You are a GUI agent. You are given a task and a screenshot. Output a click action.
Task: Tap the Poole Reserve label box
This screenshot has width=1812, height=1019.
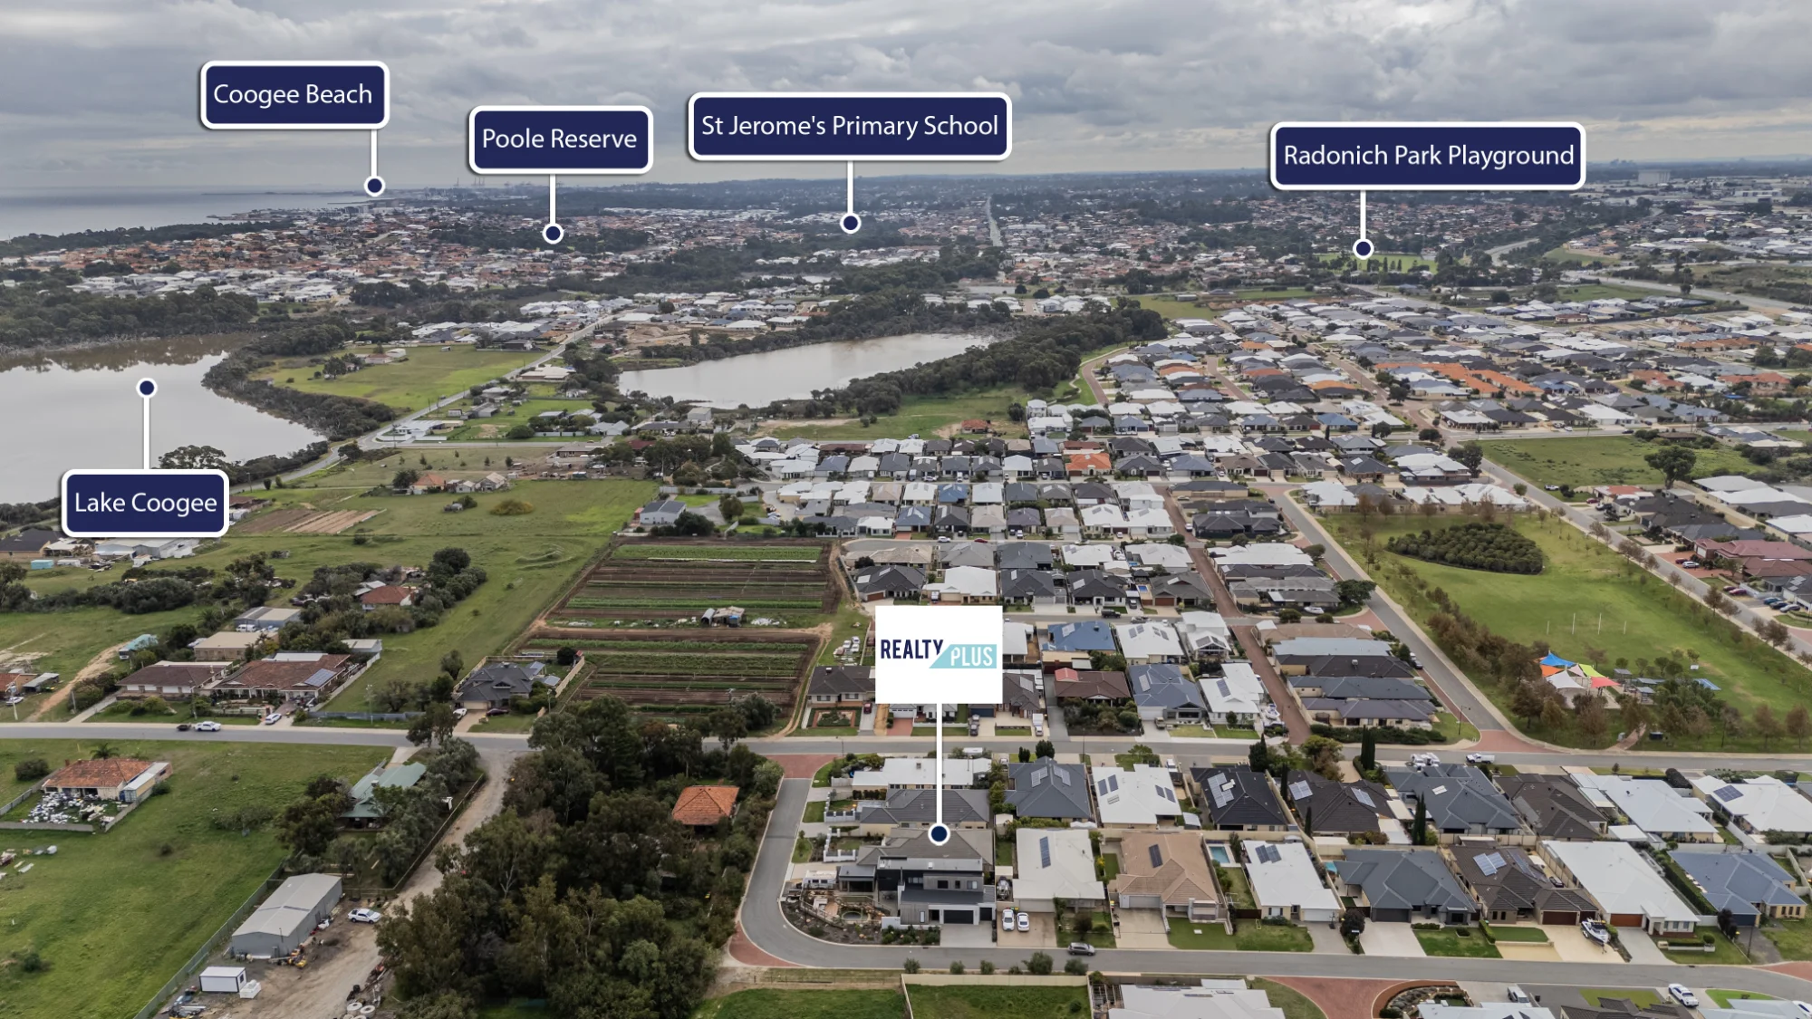(x=560, y=139)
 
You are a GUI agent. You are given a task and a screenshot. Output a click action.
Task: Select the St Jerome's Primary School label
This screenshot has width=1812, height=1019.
(x=850, y=126)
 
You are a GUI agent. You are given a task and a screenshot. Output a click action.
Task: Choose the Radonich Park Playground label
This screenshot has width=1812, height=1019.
(x=1428, y=156)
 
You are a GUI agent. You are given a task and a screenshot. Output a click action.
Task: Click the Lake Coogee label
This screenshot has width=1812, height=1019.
(x=145, y=503)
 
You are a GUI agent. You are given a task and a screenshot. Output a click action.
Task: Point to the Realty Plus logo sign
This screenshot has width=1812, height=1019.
(x=939, y=654)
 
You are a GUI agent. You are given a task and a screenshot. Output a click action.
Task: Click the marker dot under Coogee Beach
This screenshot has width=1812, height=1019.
(x=374, y=186)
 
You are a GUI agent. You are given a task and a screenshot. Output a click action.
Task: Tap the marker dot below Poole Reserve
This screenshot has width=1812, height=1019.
(x=553, y=234)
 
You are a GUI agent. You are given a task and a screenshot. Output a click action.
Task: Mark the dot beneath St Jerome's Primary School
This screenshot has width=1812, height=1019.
(x=850, y=223)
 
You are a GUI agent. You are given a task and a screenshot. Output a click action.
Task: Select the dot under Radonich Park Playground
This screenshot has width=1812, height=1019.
(x=1363, y=248)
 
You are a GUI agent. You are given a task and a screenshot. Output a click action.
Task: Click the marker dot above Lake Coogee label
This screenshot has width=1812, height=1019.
(x=147, y=388)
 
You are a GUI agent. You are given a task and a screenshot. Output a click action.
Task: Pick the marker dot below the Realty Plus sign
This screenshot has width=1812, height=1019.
(x=939, y=833)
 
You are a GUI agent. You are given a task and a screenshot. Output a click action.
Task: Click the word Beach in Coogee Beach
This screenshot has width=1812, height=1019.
(x=339, y=94)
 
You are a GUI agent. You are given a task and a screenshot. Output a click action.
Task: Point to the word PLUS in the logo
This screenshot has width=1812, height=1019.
(x=971, y=657)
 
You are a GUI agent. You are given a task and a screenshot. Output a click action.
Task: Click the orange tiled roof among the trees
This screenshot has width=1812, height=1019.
(x=705, y=804)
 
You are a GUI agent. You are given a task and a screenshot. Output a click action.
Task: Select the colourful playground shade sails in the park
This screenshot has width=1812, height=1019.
(x=1576, y=672)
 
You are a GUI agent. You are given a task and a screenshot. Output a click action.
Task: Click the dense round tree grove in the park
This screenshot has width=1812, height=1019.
(x=1465, y=547)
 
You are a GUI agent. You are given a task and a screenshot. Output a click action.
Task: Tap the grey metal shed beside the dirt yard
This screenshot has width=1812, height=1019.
(x=286, y=915)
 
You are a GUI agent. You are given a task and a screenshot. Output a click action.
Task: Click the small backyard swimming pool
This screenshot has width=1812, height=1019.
(x=1220, y=854)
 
